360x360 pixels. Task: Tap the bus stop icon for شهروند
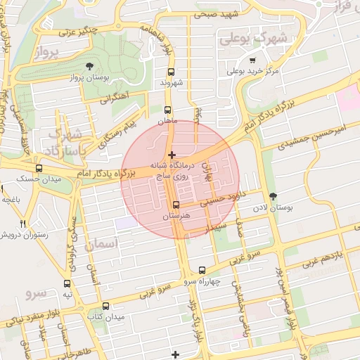tap(171, 72)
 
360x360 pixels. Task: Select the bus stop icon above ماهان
tap(167, 110)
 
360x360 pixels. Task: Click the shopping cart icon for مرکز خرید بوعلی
tap(232, 71)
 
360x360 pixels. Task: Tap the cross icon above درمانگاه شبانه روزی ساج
tap(172, 154)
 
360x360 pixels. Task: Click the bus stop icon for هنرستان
tap(176, 205)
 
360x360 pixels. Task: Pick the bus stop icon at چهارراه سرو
tap(202, 270)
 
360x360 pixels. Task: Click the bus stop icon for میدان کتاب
tap(105, 306)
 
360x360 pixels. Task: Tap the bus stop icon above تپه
tap(67, 284)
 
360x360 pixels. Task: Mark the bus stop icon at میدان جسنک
tap(39, 169)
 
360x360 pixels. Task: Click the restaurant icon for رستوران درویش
tap(23, 224)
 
